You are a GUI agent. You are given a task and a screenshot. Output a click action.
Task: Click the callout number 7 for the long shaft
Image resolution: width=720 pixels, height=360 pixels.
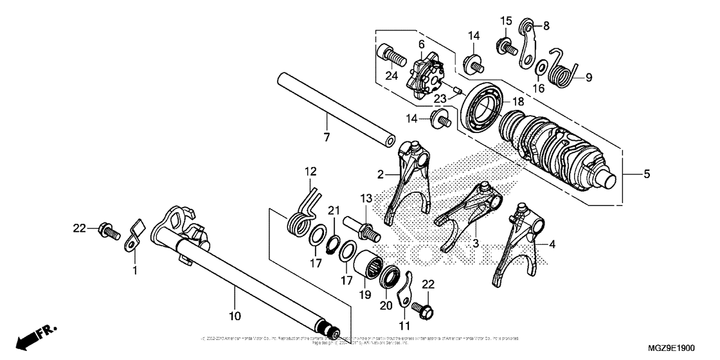pyautogui.click(x=327, y=137)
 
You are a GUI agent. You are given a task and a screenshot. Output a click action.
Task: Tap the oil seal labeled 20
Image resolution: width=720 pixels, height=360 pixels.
pyautogui.click(x=390, y=278)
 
